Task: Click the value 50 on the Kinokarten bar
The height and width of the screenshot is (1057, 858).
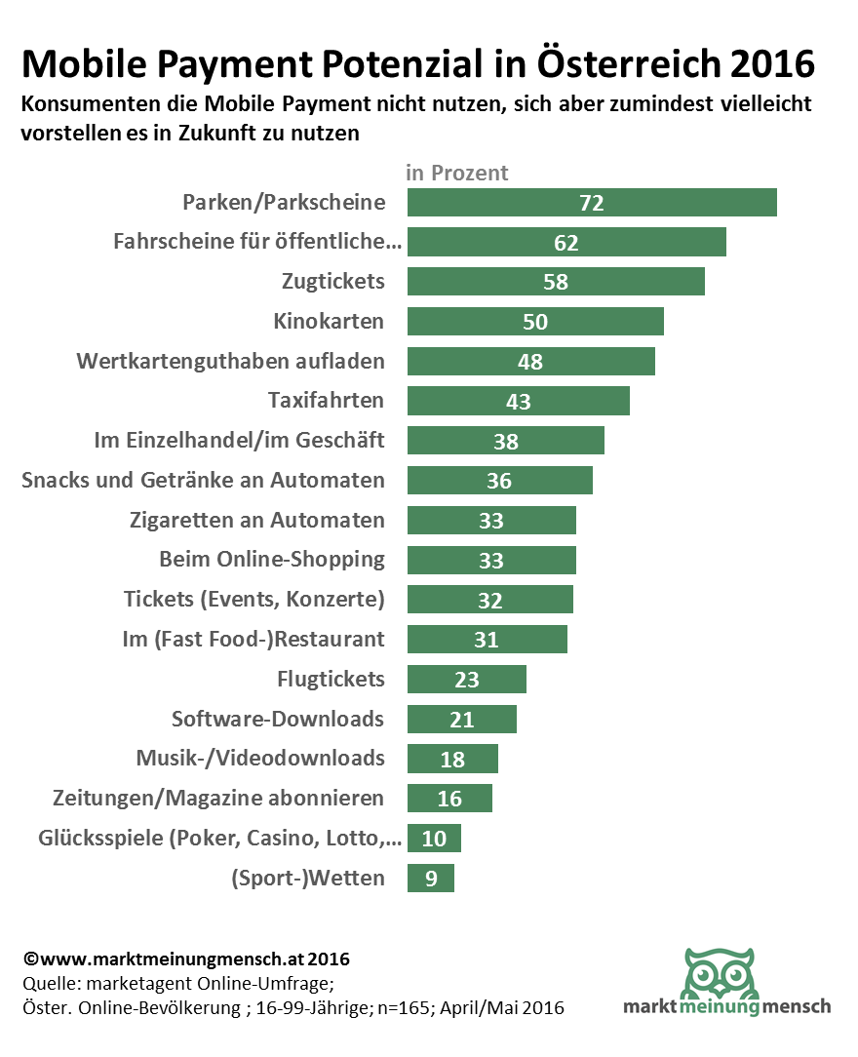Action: (x=535, y=322)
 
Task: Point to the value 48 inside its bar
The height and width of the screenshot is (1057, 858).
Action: (x=530, y=362)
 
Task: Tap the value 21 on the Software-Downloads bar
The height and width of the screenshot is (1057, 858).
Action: (x=461, y=720)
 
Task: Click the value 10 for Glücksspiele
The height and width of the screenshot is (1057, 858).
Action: (x=434, y=839)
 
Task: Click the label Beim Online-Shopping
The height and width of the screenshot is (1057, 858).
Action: (x=272, y=560)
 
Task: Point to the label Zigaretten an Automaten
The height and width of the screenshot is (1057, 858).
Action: (x=257, y=520)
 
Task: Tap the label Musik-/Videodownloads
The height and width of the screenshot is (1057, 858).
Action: (x=260, y=758)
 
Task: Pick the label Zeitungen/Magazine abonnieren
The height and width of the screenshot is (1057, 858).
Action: (x=218, y=799)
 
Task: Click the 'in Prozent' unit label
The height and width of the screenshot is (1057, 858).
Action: (x=457, y=174)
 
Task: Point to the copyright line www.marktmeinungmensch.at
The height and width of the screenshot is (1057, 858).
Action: (x=185, y=959)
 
